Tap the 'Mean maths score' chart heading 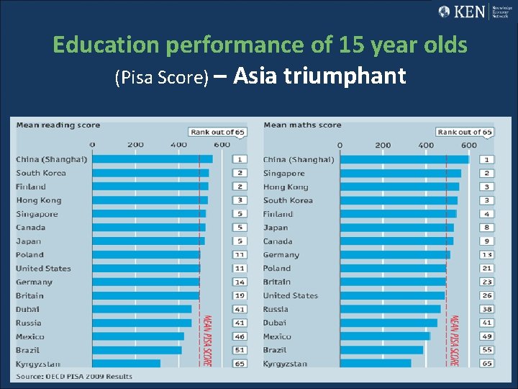point(302,125)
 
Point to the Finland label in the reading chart point(31,187)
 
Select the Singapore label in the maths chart point(283,173)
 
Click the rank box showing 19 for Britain point(239,295)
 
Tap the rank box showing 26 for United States point(487,295)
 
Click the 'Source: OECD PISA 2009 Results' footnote point(74,377)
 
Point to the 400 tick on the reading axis point(178,145)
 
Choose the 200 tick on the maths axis point(383,145)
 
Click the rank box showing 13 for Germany point(487,255)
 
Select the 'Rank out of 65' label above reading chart point(217,132)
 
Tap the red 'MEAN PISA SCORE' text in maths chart point(453,340)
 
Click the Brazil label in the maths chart point(274,350)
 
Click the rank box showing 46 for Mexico point(239,336)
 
